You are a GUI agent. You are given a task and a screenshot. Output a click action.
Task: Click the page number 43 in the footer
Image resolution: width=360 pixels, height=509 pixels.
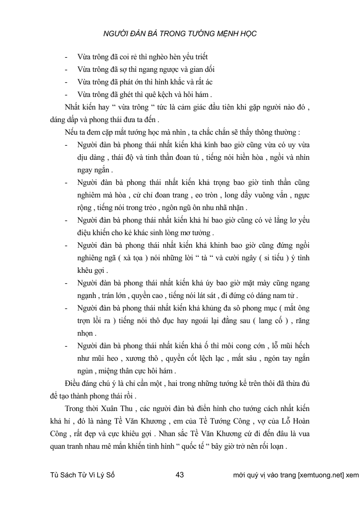click(x=181, y=474)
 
